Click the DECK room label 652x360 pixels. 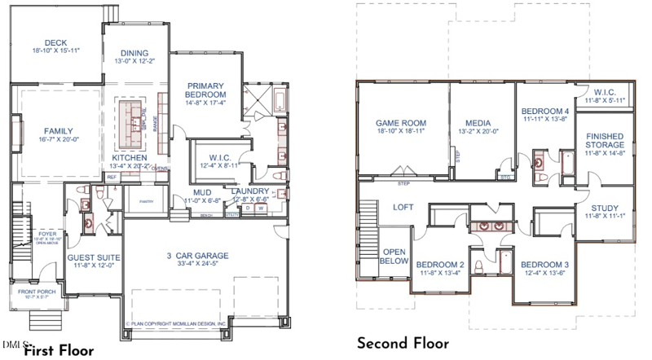click(56, 43)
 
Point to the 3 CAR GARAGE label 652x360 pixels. click(198, 256)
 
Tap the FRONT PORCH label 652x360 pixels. click(37, 295)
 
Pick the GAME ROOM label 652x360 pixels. click(402, 123)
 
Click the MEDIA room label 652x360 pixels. click(473, 123)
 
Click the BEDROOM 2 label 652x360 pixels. click(440, 266)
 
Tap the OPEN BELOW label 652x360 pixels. click(394, 257)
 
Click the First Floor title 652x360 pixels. click(59, 351)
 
